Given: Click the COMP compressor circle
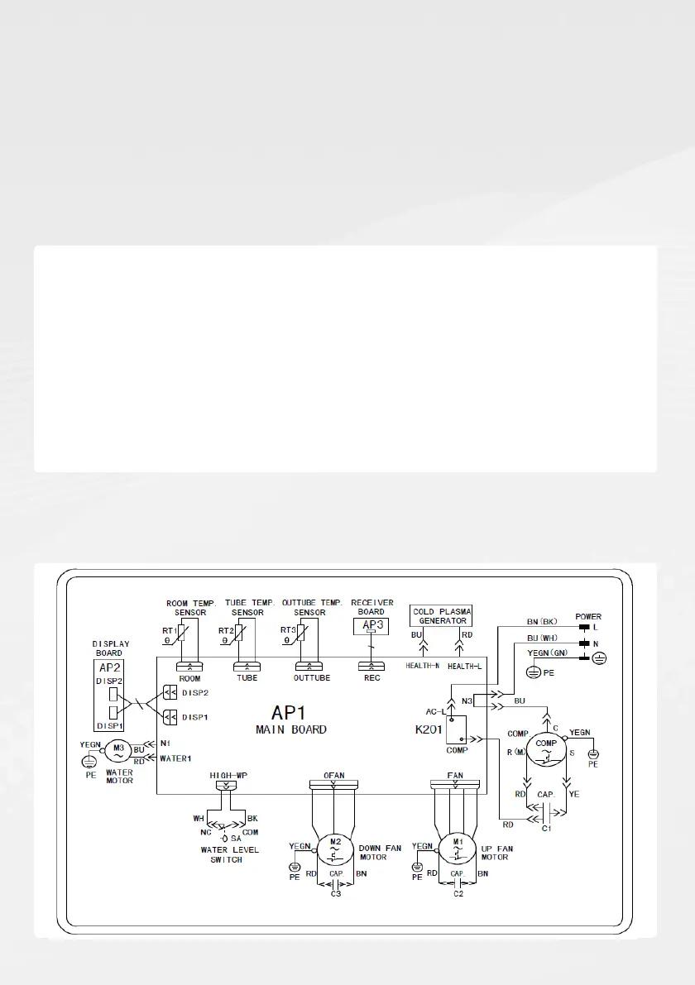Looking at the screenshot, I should pyautogui.click(x=546, y=744).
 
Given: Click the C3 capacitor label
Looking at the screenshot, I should pyautogui.click(x=335, y=893).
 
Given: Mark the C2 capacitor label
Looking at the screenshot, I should pyautogui.click(x=457, y=893).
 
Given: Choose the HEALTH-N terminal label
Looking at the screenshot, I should pyautogui.click(x=422, y=666).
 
